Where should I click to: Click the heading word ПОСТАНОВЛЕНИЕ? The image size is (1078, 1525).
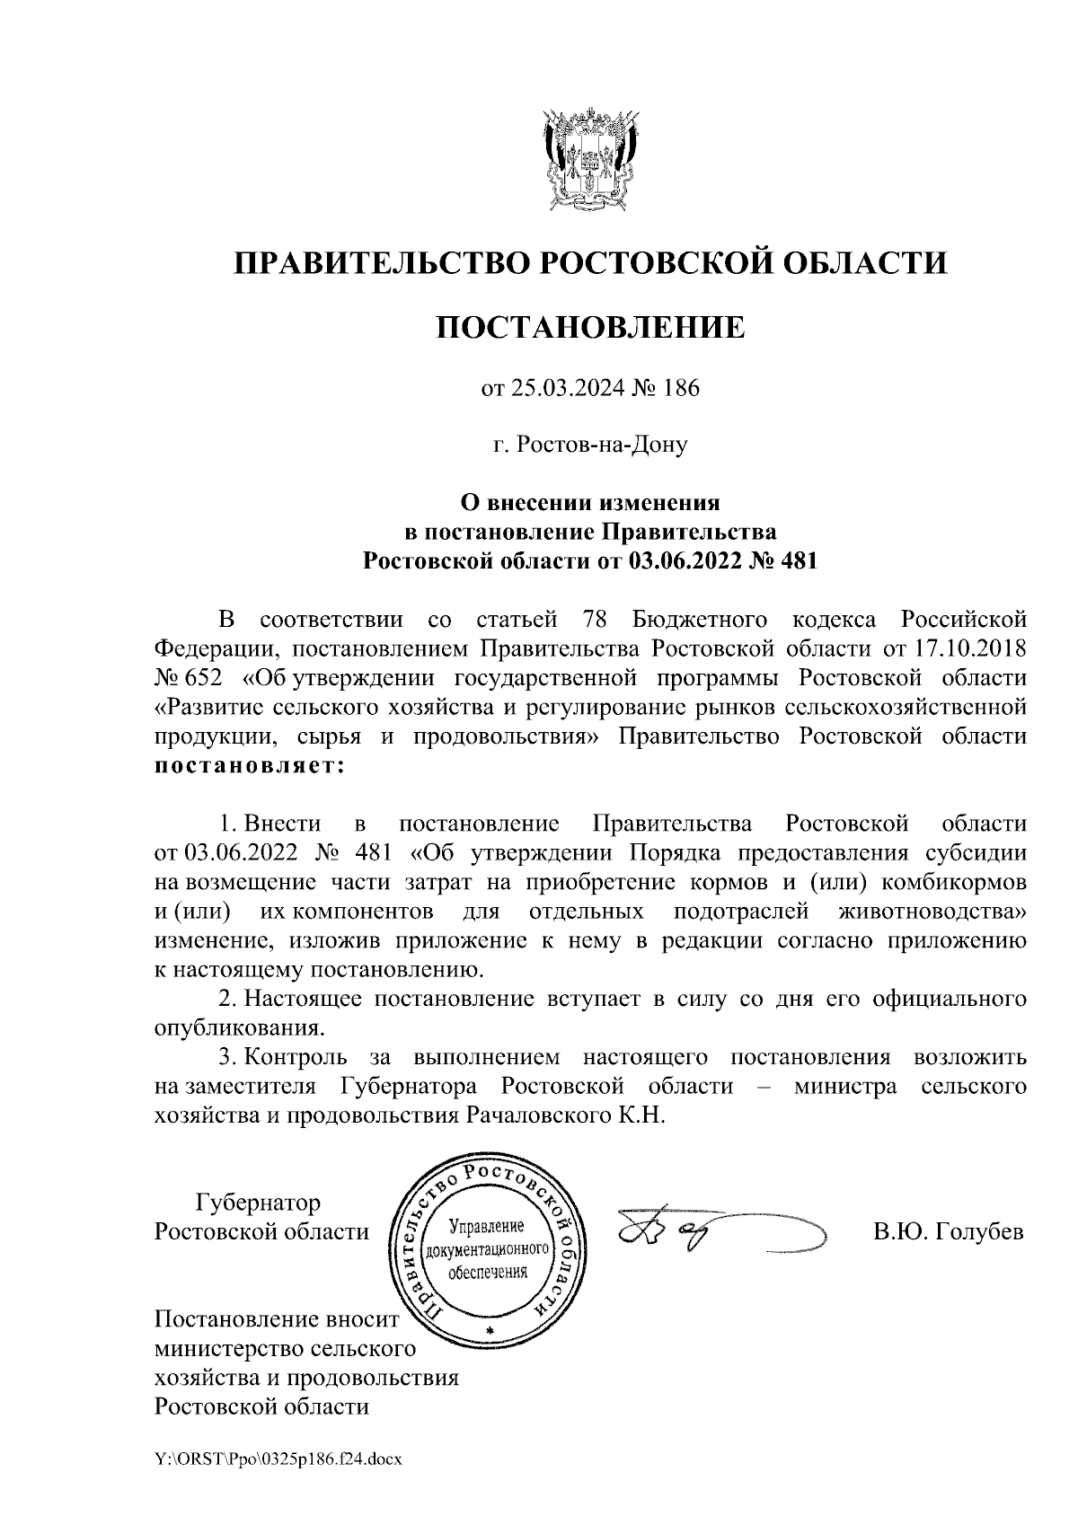(590, 327)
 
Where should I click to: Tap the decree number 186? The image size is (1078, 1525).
(680, 389)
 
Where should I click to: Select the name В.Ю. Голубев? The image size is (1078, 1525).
(949, 1231)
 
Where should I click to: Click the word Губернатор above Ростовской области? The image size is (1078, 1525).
(258, 1202)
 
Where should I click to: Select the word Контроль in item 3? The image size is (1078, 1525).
(300, 1057)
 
